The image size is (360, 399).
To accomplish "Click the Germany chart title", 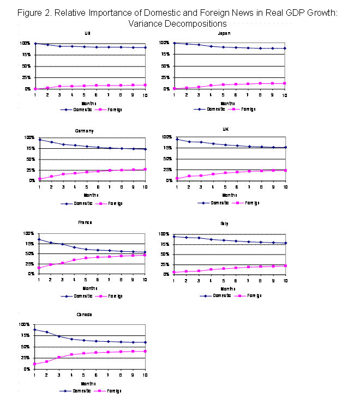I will (84, 131).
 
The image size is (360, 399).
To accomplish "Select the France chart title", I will (85, 222).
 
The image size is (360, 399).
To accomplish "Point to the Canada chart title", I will (84, 315).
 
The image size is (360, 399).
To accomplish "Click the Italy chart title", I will (225, 223).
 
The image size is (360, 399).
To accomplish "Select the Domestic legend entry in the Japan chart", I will (212, 109).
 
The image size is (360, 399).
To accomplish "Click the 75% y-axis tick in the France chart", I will (27, 244).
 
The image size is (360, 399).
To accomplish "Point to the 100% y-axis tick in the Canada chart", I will (25, 324).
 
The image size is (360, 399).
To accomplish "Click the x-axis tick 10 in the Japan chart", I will (284, 95).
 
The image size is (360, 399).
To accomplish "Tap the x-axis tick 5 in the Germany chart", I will (86, 187).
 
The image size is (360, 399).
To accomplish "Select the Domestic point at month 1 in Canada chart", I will (35, 329).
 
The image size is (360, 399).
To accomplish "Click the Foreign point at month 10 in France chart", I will (145, 255).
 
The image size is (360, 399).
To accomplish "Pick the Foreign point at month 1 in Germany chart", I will (39, 179).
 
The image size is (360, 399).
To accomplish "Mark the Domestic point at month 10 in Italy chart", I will (285, 243).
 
